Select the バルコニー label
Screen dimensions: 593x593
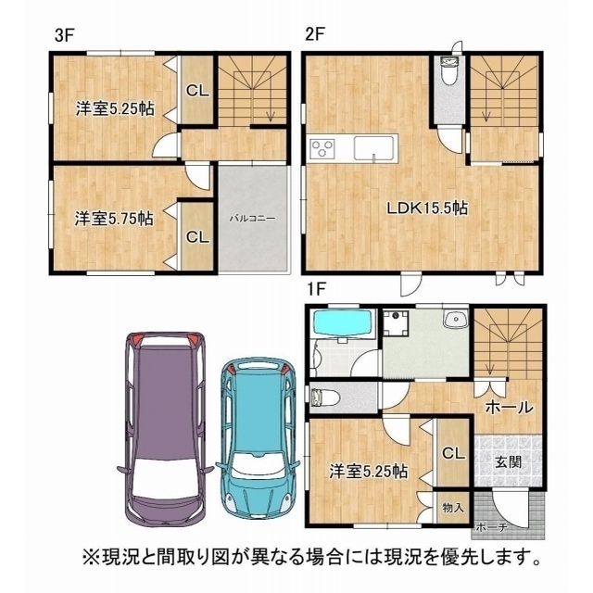[253, 219]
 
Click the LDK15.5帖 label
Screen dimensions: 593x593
[426, 208]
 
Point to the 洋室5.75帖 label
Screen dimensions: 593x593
[114, 219]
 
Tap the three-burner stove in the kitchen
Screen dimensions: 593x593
[322, 148]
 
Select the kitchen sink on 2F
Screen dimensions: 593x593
[374, 148]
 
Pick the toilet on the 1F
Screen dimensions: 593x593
[324, 397]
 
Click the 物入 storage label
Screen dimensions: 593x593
[453, 508]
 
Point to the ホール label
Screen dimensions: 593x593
[509, 408]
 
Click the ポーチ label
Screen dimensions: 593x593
[491, 527]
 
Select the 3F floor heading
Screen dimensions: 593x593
[66, 35]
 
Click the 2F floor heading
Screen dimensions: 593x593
[315, 35]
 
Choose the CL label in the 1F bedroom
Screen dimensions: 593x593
[453, 453]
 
